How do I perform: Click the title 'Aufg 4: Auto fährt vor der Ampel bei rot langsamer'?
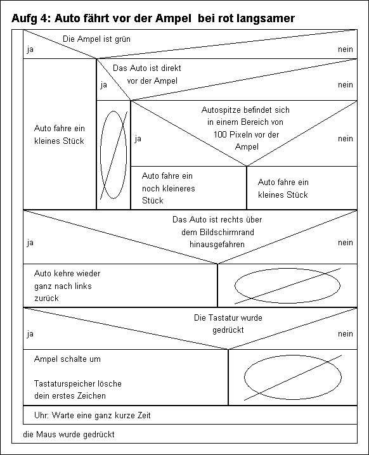153,18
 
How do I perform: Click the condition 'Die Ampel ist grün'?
96,39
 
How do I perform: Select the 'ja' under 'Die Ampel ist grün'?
30,49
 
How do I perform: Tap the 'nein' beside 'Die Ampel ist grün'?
345,49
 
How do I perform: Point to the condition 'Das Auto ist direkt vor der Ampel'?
147,74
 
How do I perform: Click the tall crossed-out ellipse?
113,155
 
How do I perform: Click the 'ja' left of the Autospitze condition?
138,139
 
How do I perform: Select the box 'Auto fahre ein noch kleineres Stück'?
189,188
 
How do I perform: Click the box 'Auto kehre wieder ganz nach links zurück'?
120,286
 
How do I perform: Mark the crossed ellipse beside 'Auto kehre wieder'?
287,286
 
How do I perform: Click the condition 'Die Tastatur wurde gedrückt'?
228,324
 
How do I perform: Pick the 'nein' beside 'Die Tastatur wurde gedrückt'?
345,334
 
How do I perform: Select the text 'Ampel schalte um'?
67,359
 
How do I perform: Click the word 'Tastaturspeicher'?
65,383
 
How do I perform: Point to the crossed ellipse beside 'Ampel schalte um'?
293,378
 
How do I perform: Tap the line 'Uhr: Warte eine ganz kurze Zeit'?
93,415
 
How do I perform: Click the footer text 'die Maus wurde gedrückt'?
69,434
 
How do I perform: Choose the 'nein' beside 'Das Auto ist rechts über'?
345,242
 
